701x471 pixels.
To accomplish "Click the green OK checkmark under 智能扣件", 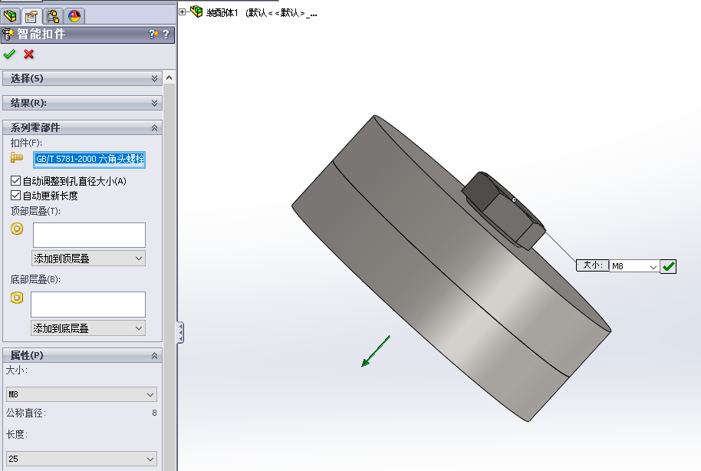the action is (x=9, y=54).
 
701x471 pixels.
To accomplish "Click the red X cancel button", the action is (x=28, y=54).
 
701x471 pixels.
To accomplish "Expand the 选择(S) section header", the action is (x=82, y=78).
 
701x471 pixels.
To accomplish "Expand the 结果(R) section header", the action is (x=82, y=103).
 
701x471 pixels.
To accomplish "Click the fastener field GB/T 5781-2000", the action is (x=90, y=160).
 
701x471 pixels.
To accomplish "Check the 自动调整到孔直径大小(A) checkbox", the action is (x=15, y=181).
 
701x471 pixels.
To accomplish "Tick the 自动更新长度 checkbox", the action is (x=15, y=196).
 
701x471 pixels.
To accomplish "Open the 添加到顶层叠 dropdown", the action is (x=88, y=258).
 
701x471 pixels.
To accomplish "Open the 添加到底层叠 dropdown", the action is (x=88, y=328).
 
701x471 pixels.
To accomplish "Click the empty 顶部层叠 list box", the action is (x=90, y=235).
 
